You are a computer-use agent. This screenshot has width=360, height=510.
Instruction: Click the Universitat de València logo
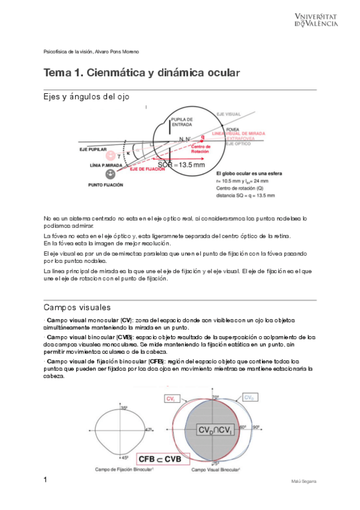(316, 19)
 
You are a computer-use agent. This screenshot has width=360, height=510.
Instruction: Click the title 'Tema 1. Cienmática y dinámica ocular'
(142, 73)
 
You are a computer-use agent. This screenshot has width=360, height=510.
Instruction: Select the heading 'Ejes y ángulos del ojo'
(86, 97)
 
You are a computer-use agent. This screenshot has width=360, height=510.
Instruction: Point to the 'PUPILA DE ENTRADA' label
(181, 121)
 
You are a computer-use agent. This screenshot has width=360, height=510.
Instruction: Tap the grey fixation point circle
(111, 174)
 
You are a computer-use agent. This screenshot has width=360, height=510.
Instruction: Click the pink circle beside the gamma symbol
(110, 156)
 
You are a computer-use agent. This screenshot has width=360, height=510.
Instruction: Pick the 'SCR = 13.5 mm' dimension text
(181, 164)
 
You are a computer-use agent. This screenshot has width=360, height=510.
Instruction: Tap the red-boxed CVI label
(171, 398)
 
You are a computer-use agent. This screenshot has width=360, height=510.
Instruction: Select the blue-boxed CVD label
(248, 398)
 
